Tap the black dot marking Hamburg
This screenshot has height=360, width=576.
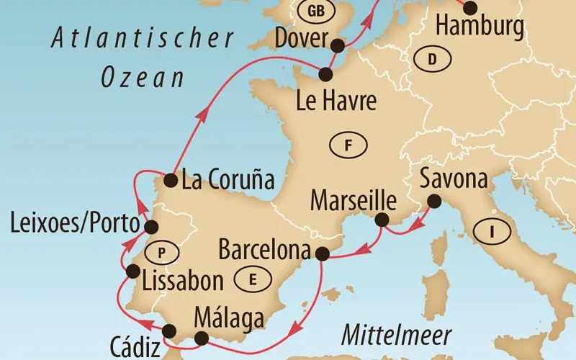(x=469, y=8)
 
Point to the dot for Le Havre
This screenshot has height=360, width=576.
(x=326, y=73)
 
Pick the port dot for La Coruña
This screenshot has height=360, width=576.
(x=171, y=179)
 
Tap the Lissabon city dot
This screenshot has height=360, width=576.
(x=132, y=271)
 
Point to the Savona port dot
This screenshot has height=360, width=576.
(x=433, y=201)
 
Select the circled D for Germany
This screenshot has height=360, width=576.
(x=432, y=60)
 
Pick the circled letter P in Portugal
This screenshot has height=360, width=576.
(x=161, y=251)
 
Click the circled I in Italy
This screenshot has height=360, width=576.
(x=492, y=232)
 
